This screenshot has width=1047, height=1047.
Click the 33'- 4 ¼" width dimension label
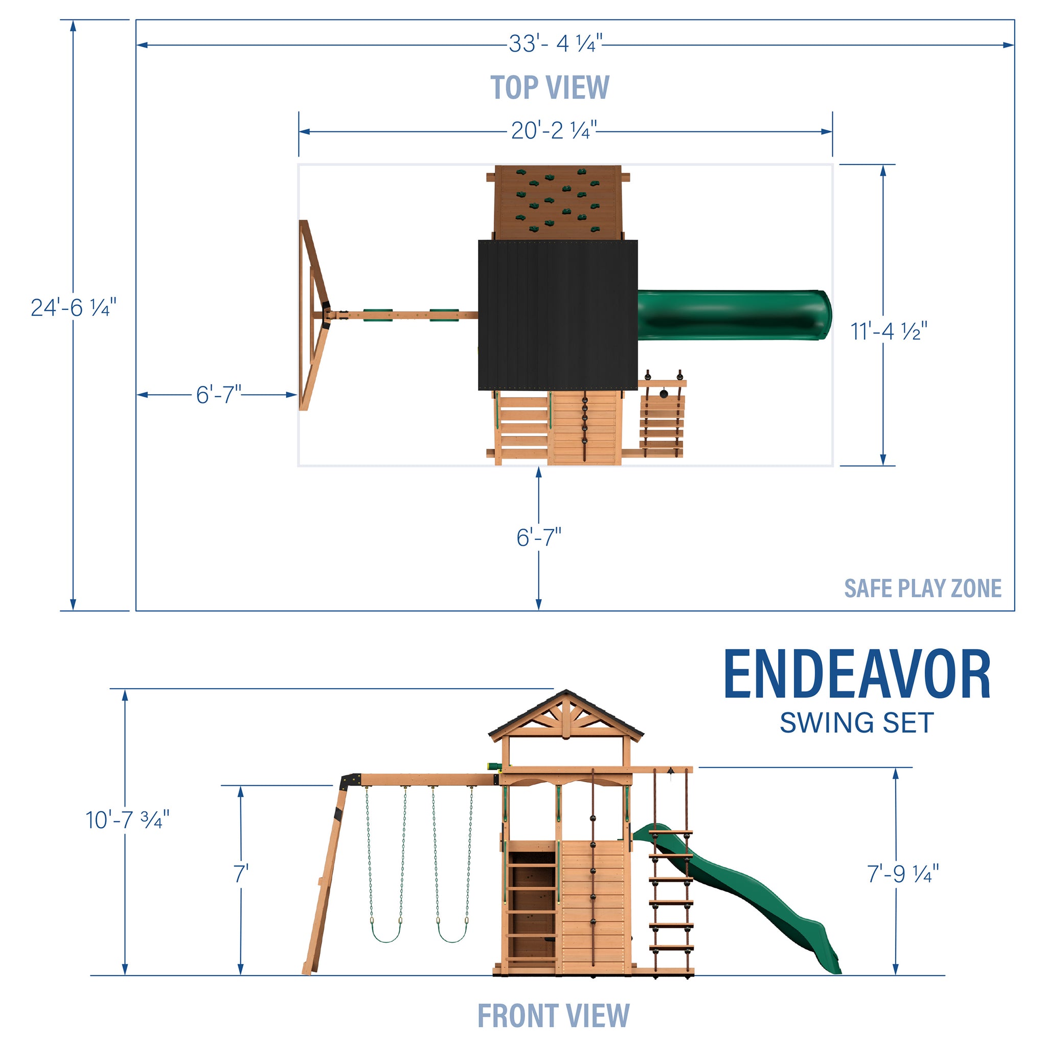point(555,44)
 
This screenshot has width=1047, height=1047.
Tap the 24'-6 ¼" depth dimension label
point(74,308)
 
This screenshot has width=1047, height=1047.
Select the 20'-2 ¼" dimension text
point(554,130)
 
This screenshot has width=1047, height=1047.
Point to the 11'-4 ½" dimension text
point(889,331)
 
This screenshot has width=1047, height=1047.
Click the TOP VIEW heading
point(550,88)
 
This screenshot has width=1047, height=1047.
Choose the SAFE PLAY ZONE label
point(922,588)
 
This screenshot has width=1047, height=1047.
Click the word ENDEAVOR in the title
point(857,676)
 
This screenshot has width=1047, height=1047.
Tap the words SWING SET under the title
point(856,723)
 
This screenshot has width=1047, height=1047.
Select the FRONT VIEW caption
point(553,1016)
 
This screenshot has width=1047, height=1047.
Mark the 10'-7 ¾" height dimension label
point(127,820)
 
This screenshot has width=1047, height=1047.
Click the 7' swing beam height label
point(241,874)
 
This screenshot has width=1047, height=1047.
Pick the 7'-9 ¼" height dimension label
point(902,874)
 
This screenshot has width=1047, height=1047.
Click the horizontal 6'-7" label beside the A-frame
point(218,395)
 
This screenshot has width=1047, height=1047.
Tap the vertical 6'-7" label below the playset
point(539,538)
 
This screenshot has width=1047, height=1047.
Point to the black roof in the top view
point(558,315)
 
